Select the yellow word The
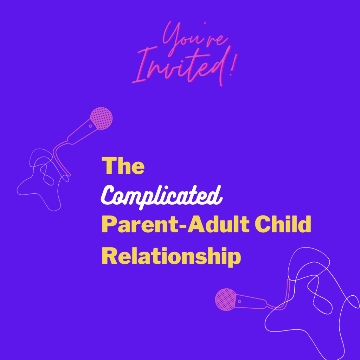[x=123, y=166]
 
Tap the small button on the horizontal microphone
[x=240, y=301]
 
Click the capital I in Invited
[x=141, y=67]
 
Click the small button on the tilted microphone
[x=91, y=126]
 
